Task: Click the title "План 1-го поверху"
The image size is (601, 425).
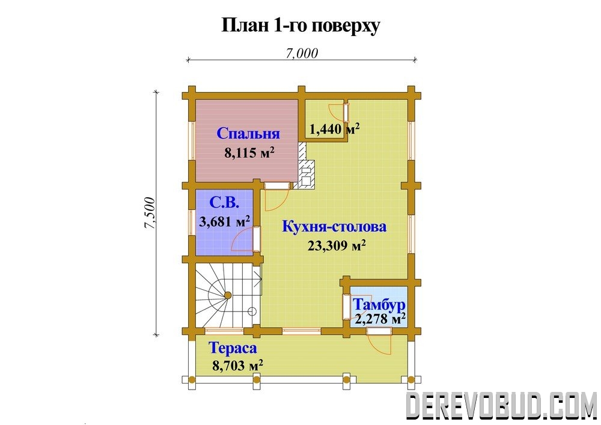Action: [301, 26]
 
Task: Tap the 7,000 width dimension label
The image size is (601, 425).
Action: [302, 54]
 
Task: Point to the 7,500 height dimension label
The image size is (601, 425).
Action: [150, 213]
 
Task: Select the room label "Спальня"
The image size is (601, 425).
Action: [248, 133]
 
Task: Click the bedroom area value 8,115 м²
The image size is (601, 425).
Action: [249, 153]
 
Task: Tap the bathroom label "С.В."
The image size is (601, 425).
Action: [225, 203]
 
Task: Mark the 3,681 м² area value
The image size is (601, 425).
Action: [225, 221]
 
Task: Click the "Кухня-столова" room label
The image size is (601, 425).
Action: [334, 227]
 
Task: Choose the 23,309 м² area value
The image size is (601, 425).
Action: [336, 246]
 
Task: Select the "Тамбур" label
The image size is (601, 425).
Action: [379, 305]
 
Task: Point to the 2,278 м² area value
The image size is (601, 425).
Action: [380, 319]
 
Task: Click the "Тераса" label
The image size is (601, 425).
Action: [233, 348]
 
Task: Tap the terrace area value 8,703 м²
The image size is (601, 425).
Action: [237, 365]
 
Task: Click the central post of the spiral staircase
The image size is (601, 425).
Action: [227, 295]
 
